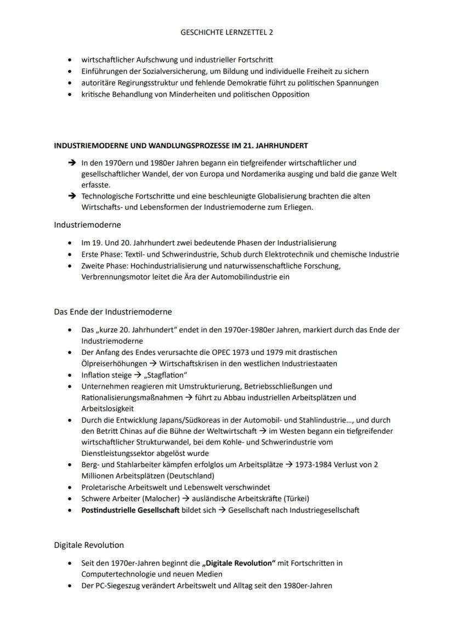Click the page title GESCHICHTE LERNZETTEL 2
pos(226,32)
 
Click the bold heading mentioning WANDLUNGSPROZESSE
pos(181,146)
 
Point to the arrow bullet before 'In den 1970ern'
pos(71,163)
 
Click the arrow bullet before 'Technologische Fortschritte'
pos(71,196)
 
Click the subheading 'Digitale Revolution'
pos(89,545)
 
